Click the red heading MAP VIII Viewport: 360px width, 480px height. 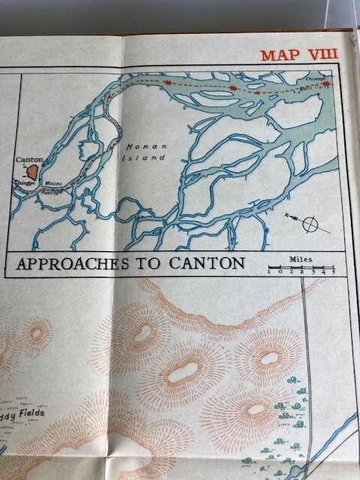(x=298, y=55)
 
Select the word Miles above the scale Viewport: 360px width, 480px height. (x=301, y=259)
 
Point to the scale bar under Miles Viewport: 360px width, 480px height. (x=299, y=267)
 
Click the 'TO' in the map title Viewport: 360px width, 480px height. (x=153, y=264)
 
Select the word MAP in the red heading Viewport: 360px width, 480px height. (x=277, y=55)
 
